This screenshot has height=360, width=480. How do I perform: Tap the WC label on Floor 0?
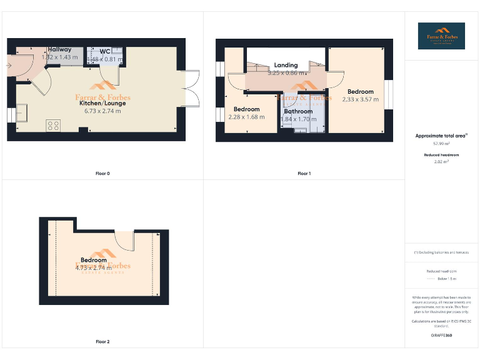pos(105,51)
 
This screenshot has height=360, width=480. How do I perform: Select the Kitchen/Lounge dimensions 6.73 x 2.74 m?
pos(102,111)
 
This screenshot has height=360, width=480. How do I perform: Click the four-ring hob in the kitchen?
pos(53,125)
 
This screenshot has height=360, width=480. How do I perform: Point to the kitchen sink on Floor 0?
pos(26,112)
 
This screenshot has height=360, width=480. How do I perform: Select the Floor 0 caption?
pos(102,173)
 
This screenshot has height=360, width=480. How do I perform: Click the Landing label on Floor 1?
pos(286,65)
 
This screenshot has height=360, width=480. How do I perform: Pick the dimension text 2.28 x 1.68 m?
pos(246,117)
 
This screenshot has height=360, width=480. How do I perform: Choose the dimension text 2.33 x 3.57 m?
pos(361,99)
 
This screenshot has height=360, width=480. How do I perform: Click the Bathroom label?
pos(298,111)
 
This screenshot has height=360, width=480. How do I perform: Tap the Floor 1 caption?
pos(304,173)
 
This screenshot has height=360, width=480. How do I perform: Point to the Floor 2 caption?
pos(102,342)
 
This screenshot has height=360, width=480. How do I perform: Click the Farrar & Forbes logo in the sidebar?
pos(441,36)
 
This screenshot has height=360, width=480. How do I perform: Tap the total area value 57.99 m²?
pos(441,143)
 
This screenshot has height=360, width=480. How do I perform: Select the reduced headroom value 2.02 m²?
pos(441,161)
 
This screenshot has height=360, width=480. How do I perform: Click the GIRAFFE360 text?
pos(441,336)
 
